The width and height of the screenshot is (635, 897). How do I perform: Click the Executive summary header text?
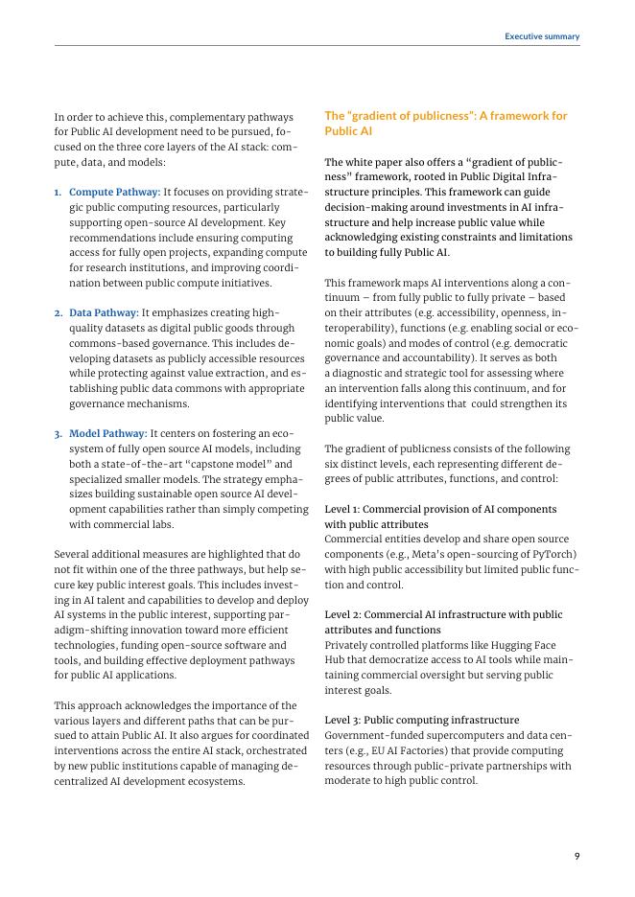coord(542,36)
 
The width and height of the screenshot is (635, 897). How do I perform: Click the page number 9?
coord(576,856)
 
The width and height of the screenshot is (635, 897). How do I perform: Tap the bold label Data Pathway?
coord(104,312)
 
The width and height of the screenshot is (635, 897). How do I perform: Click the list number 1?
coord(58,192)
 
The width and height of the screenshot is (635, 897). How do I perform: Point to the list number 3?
coord(58,433)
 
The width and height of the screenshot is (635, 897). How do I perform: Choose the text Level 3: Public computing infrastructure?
coord(422,720)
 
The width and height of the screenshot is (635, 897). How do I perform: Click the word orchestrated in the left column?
coord(274,750)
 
